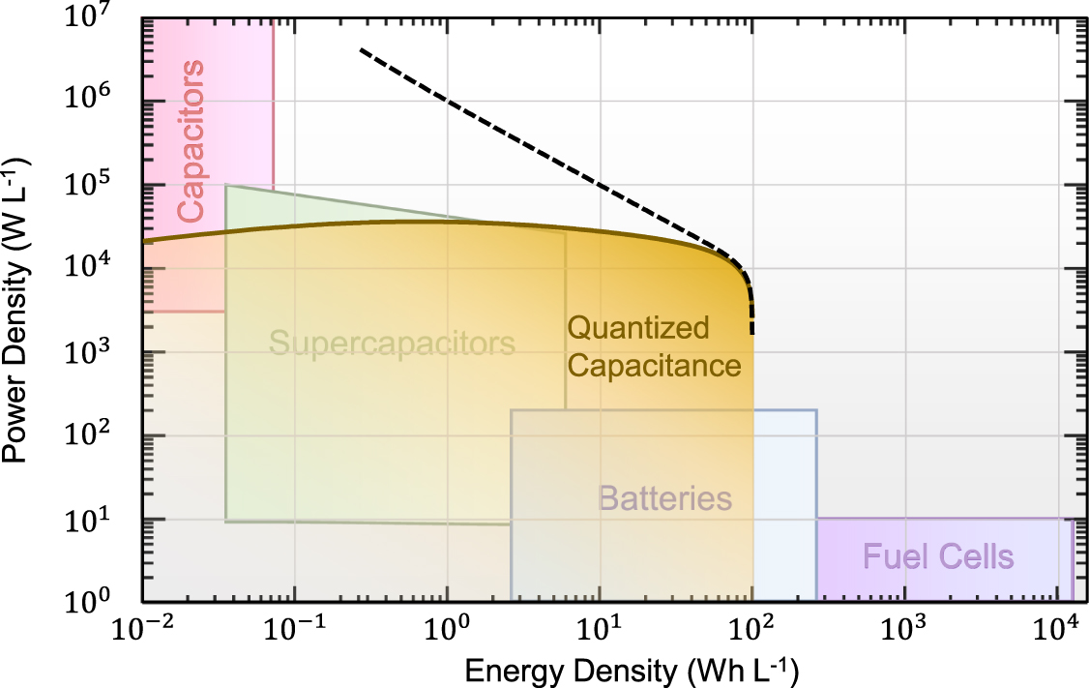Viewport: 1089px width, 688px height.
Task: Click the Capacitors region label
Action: pos(191,140)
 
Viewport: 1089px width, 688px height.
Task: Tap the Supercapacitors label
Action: pos(392,344)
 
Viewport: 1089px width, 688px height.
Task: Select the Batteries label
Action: pos(664,499)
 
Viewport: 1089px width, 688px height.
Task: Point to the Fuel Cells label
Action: pos(937,557)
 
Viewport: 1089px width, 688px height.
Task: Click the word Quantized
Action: pos(637,328)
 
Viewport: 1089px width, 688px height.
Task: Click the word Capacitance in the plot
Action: pos(654,367)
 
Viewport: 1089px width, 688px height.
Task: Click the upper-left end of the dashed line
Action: pos(361,49)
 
